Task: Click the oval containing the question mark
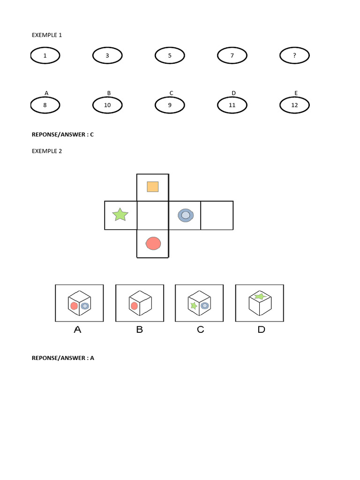pos(294,56)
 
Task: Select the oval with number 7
pos(232,56)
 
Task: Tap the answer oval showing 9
pos(170,105)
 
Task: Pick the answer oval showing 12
pos(294,105)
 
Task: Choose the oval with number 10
pos(107,105)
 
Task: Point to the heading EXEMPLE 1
pos(46,35)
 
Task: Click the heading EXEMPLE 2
pos(46,151)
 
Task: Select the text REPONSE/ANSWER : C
pos(63,135)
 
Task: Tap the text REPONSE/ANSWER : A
pos(63,358)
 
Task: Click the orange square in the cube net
pos(152,187)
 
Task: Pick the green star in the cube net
pos(120,215)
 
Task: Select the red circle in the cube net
pos(153,243)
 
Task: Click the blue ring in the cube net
pos(185,215)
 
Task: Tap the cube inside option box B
pos(139,303)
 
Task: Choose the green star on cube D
pos(259,296)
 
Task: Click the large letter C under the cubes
pos(200,330)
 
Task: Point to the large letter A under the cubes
pos(78,330)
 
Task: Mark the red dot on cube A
pos(74,306)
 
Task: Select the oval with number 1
pos(45,56)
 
